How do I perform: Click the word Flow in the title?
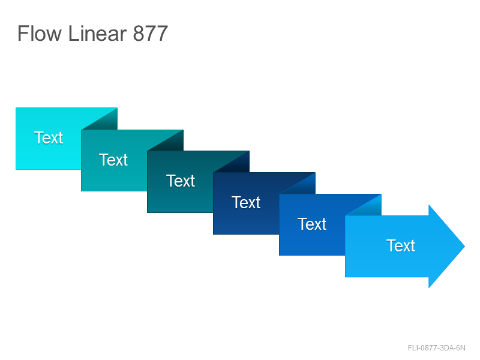click(x=40, y=33)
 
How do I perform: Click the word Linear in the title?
click(x=97, y=33)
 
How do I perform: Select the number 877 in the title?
click(x=151, y=33)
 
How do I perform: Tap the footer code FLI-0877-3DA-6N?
click(x=437, y=348)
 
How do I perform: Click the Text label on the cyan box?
click(x=49, y=138)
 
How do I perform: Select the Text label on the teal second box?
click(x=113, y=160)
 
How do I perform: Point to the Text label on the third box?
click(x=181, y=181)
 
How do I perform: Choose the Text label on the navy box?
click(x=246, y=203)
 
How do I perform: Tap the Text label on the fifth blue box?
click(x=312, y=224)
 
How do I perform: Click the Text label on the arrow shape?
click(x=401, y=246)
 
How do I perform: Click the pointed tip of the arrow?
click(x=465, y=246)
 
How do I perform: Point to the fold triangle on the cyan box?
click(x=106, y=122)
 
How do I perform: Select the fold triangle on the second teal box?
click(x=172, y=144)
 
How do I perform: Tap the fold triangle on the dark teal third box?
click(x=238, y=166)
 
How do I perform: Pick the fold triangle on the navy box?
click(x=304, y=187)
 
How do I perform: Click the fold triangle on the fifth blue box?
click(x=370, y=208)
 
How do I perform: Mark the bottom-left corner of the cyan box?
click(x=16, y=169)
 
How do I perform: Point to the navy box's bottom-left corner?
click(x=214, y=234)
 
